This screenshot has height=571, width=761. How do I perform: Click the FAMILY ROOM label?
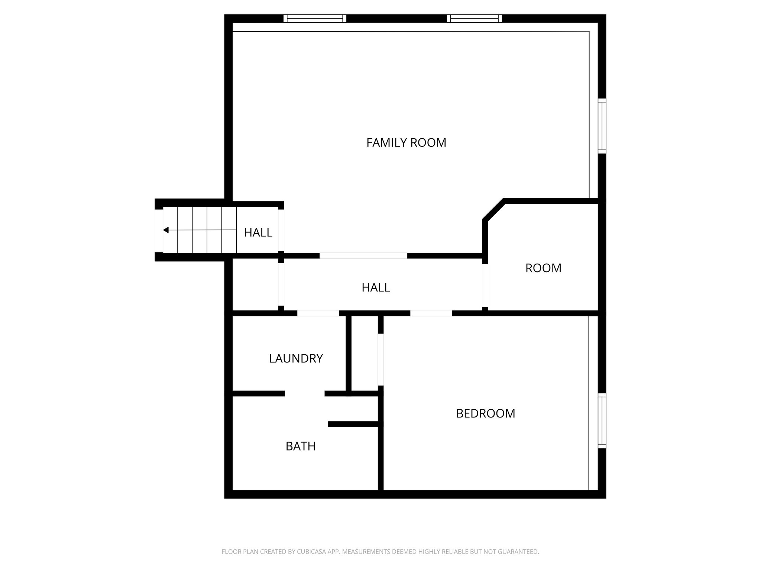[x=406, y=143]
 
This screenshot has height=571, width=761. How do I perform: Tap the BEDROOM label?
[x=485, y=413]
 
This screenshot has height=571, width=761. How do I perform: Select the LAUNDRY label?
[x=296, y=358]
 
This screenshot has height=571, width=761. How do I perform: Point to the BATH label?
[x=300, y=446]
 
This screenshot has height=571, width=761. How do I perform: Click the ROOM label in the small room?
[x=543, y=268]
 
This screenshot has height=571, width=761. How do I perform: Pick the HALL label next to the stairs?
[x=258, y=233]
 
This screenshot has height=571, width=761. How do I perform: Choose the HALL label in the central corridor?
[x=376, y=287]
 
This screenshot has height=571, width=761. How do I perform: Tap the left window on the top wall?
[x=315, y=19]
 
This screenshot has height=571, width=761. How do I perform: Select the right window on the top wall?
[x=475, y=19]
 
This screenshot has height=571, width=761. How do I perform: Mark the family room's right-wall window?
[x=602, y=126]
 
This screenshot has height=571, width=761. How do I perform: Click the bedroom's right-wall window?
[x=602, y=421]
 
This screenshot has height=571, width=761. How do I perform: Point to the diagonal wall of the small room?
[x=494, y=210]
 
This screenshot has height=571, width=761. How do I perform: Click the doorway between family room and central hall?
[x=363, y=255]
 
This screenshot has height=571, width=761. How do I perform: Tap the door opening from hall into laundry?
[x=318, y=313]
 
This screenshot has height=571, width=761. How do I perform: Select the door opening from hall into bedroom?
[x=431, y=313]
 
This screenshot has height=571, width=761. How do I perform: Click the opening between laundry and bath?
[x=305, y=393]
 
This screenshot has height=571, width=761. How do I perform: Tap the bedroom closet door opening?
[x=380, y=359]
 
